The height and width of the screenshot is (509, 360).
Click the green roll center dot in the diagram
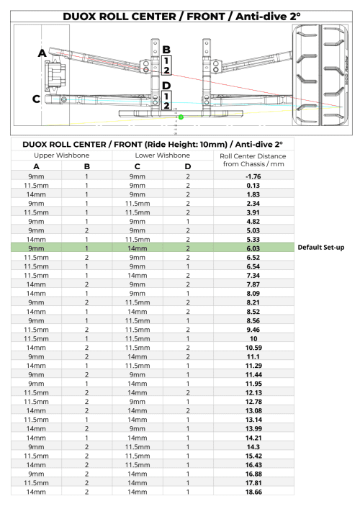coord(181,117)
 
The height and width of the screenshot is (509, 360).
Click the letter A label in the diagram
coord(42,53)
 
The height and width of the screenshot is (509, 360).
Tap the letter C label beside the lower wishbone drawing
coord(36,99)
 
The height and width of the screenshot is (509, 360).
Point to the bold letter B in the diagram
coord(166,49)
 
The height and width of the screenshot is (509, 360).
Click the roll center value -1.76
coord(252,176)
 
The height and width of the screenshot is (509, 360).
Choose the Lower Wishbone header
coord(162,156)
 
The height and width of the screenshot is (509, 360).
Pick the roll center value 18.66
coord(252,491)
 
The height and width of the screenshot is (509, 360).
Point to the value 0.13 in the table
coord(252,185)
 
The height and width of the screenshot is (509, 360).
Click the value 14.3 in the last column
coord(252,446)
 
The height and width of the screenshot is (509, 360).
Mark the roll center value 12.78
coord(252,402)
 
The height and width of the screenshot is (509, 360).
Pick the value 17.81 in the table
coord(252,482)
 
